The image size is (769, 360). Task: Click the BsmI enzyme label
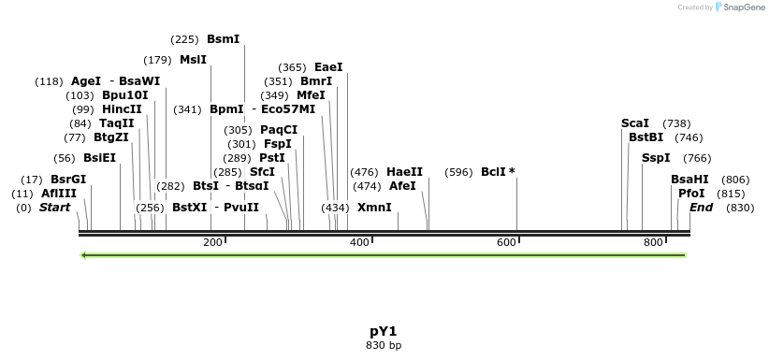click(x=223, y=39)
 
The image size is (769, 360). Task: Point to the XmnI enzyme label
click(x=374, y=207)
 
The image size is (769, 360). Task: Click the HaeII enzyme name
click(x=404, y=172)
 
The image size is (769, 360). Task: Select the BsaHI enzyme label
click(x=689, y=180)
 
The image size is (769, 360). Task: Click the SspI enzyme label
click(x=656, y=158)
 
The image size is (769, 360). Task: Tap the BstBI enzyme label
click(x=645, y=137)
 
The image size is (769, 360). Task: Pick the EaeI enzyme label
click(x=328, y=67)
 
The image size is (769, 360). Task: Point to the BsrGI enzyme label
click(x=68, y=180)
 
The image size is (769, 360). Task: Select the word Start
click(x=54, y=207)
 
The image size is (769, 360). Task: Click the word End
click(x=701, y=207)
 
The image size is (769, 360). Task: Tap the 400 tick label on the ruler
click(x=359, y=243)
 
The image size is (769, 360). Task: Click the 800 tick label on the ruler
click(x=653, y=243)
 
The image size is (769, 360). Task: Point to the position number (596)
click(x=458, y=172)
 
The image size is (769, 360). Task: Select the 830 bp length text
click(x=384, y=345)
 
